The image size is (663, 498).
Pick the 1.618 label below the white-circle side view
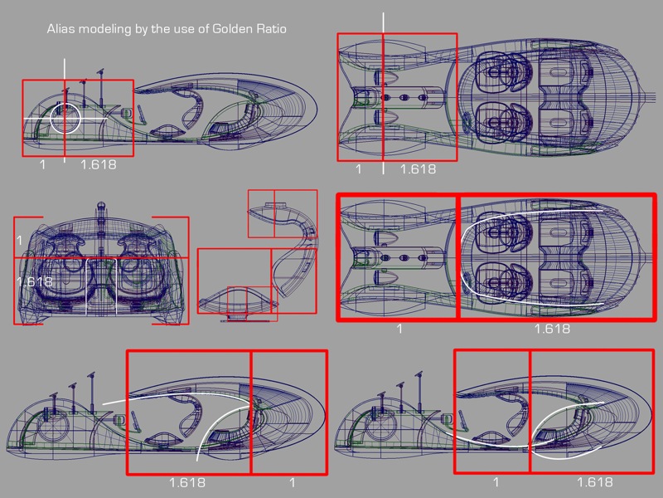click(x=98, y=164)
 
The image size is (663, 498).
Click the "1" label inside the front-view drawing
click(x=19, y=240)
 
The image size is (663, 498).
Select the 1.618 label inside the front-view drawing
click(x=34, y=281)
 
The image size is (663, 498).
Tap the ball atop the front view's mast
click(x=101, y=206)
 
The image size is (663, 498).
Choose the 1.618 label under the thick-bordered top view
click(x=552, y=329)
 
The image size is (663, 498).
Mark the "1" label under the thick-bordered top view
click(x=399, y=329)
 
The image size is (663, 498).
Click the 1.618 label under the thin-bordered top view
click(x=418, y=169)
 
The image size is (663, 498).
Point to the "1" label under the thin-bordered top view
click(x=359, y=169)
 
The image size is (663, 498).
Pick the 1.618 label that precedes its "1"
click(x=187, y=482)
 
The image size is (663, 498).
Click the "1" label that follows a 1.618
click(x=293, y=482)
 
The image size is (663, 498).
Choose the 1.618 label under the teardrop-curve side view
click(x=594, y=482)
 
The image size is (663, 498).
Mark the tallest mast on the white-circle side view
click(x=101, y=87)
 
